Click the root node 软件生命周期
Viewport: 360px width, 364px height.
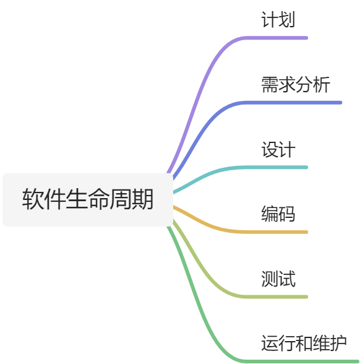(88, 200)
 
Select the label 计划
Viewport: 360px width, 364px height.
(278, 20)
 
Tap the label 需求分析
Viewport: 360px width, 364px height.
(295, 85)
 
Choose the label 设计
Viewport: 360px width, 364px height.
(278, 150)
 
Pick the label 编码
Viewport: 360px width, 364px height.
(278, 214)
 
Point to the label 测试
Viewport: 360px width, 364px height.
(278, 279)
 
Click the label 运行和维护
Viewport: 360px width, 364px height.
(304, 343)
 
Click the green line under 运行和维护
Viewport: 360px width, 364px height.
(297, 361)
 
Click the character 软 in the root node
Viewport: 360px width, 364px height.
(33, 200)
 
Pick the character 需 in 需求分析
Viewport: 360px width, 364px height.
(269, 85)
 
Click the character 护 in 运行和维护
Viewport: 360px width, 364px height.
(338, 343)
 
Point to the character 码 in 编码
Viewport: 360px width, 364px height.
(286, 214)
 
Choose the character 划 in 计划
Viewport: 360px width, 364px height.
(286, 20)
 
